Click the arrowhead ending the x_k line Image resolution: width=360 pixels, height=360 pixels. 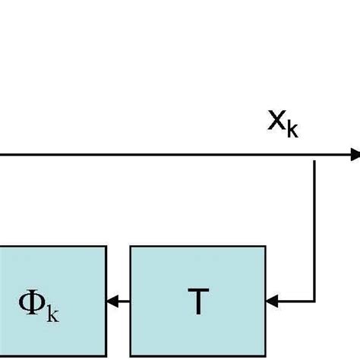pyautogui.click(x=355, y=155)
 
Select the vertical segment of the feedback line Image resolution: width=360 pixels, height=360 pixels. pyautogui.click(x=315, y=228)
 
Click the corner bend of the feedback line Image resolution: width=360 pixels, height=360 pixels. pyautogui.click(x=315, y=302)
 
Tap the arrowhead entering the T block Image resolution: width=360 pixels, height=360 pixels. pyautogui.click(x=270, y=302)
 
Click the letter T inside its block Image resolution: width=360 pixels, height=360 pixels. pyautogui.click(x=197, y=303)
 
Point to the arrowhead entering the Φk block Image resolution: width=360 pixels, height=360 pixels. pyautogui.click(x=112, y=302)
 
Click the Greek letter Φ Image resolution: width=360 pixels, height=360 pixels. pyautogui.click(x=32, y=305)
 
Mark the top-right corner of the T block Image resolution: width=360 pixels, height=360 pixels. pyautogui.click(x=265, y=246)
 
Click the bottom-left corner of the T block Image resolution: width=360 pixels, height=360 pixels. pyautogui.click(x=131, y=357)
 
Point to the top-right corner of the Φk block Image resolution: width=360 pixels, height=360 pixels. pyautogui.click(x=106, y=246)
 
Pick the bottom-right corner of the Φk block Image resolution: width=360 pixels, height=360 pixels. pyautogui.click(x=106, y=357)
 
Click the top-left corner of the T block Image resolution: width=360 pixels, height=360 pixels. pyautogui.click(x=131, y=246)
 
